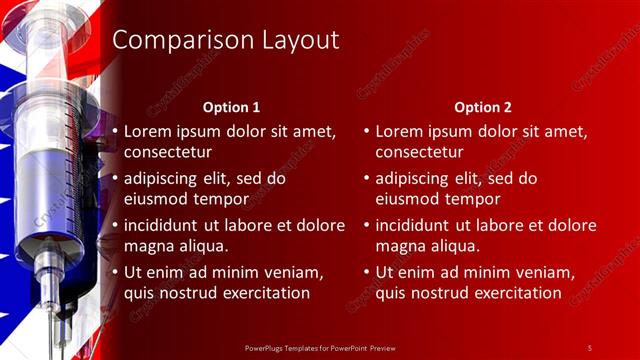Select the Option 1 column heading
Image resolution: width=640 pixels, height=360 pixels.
(x=231, y=107)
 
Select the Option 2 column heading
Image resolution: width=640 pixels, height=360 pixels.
(x=482, y=107)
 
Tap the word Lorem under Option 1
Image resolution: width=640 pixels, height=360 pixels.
(x=148, y=131)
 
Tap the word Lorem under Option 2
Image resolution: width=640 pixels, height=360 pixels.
(x=400, y=131)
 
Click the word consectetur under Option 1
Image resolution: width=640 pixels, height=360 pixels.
(x=168, y=152)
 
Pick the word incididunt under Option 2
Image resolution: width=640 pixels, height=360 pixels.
(x=416, y=225)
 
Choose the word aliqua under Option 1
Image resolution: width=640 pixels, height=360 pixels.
(x=201, y=245)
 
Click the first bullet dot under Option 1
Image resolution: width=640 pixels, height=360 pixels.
(x=115, y=131)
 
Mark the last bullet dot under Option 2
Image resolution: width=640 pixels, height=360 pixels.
(x=367, y=272)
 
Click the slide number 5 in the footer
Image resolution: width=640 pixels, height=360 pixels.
(x=590, y=347)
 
